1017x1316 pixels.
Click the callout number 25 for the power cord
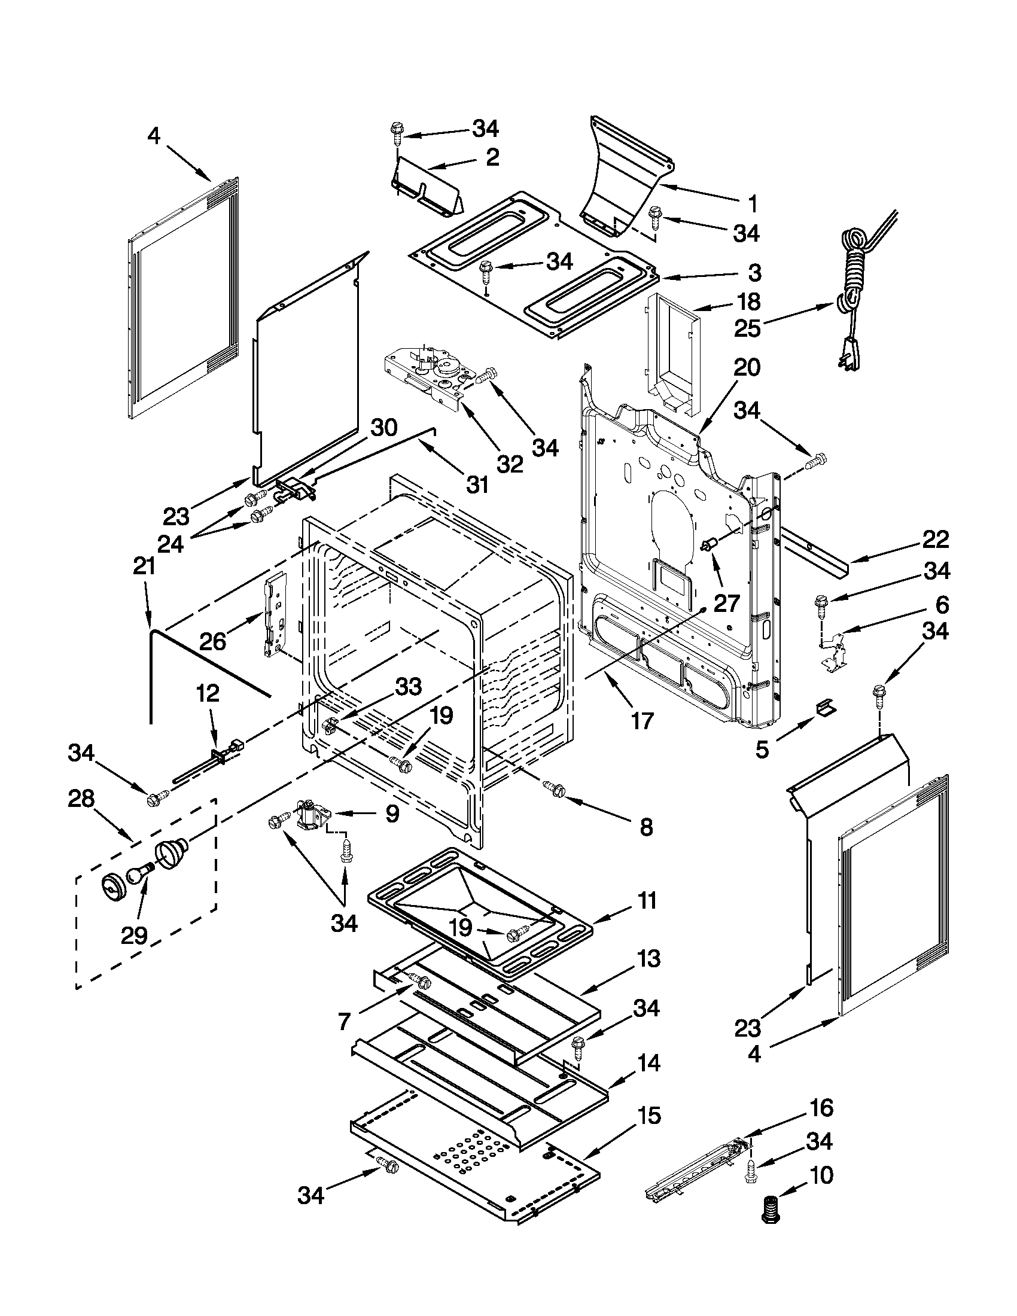pyautogui.click(x=747, y=328)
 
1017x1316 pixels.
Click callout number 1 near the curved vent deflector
pyautogui.click(x=751, y=204)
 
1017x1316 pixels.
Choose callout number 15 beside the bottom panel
pyautogui.click(x=648, y=1116)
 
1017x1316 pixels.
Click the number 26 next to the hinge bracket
pyautogui.click(x=212, y=641)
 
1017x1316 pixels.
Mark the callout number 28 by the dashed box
pyautogui.click(x=81, y=799)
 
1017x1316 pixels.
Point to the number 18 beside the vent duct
pyautogui.click(x=747, y=301)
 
